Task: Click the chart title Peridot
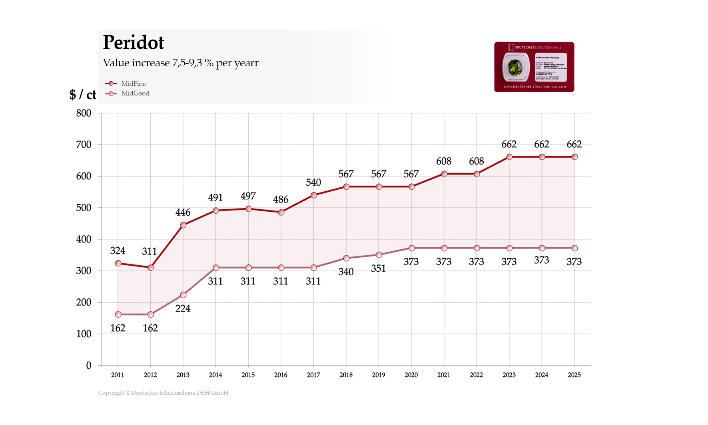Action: pyautogui.click(x=133, y=42)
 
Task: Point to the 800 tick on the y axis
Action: pyautogui.click(x=84, y=113)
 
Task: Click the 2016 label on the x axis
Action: pyautogui.click(x=281, y=375)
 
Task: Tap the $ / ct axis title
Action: pyautogui.click(x=83, y=94)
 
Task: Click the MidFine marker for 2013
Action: pyautogui.click(x=183, y=225)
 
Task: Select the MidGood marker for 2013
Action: pyautogui.click(x=183, y=295)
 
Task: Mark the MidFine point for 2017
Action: pyautogui.click(x=314, y=195)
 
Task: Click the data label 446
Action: pyautogui.click(x=183, y=212)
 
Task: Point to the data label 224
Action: pyautogui.click(x=183, y=308)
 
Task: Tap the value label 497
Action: pyautogui.click(x=248, y=196)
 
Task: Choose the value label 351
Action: pyautogui.click(x=378, y=268)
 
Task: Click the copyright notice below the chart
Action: pyautogui.click(x=163, y=393)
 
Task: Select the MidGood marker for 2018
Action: pyautogui.click(x=346, y=258)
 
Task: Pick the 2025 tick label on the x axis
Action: pyautogui.click(x=574, y=375)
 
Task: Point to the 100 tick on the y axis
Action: pyautogui.click(x=84, y=334)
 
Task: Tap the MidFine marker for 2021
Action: pyautogui.click(x=444, y=174)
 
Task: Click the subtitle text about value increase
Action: pyautogui.click(x=180, y=63)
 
